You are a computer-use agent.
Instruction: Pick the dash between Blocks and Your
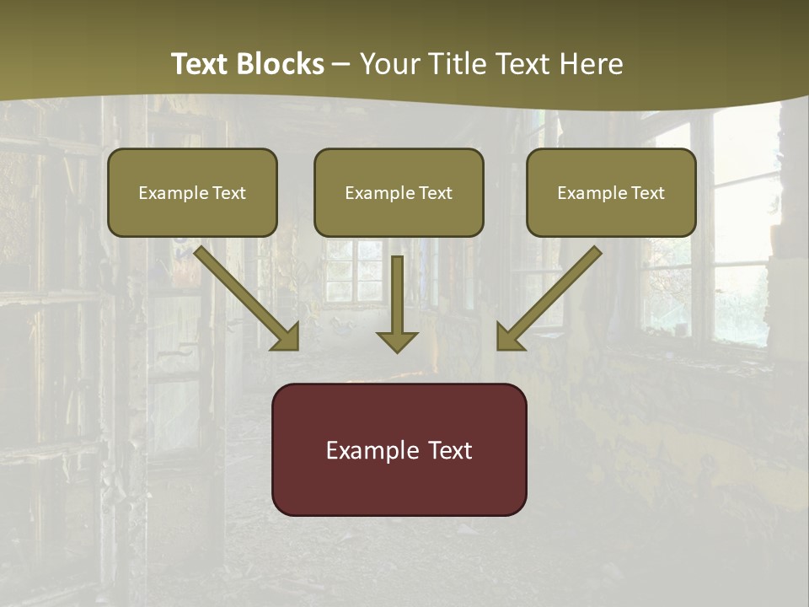341,65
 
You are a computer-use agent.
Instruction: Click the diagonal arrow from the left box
244,295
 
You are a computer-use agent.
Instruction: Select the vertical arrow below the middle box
397,299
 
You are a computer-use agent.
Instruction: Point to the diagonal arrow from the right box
552,295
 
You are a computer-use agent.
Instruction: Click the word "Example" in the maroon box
368,450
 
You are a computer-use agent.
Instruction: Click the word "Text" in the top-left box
228,193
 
